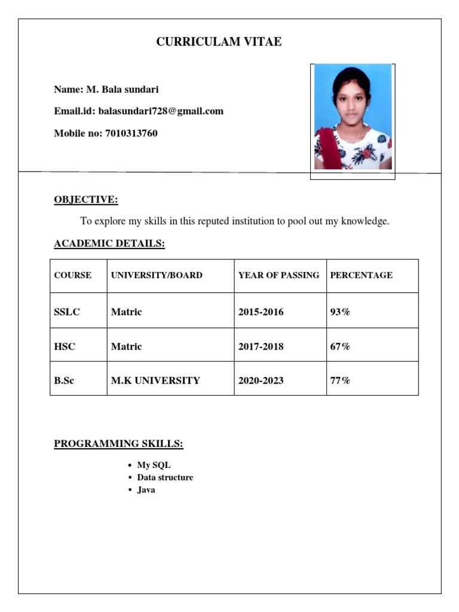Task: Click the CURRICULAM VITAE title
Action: click(219, 42)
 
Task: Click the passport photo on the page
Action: click(353, 117)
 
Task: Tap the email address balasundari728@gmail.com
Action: click(161, 111)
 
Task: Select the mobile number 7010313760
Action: click(131, 133)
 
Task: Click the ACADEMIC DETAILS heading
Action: click(109, 244)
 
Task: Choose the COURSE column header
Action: click(73, 276)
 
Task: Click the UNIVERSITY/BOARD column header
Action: click(157, 276)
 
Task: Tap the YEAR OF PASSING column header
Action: click(279, 276)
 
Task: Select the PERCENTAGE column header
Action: click(361, 276)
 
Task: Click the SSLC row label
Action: click(67, 312)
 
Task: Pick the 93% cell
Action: click(340, 312)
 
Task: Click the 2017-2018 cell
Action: click(261, 347)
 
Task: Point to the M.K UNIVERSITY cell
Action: click(155, 380)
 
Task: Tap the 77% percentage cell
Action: click(340, 380)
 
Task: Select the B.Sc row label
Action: click(65, 380)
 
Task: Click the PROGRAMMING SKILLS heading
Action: click(118, 443)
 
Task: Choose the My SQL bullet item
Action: click(154, 465)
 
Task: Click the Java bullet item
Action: click(146, 490)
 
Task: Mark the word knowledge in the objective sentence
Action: click(365, 222)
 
